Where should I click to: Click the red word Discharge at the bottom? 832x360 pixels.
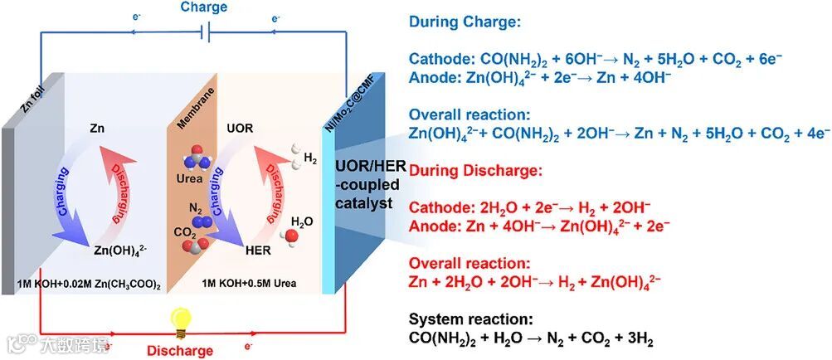pos(181,350)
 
